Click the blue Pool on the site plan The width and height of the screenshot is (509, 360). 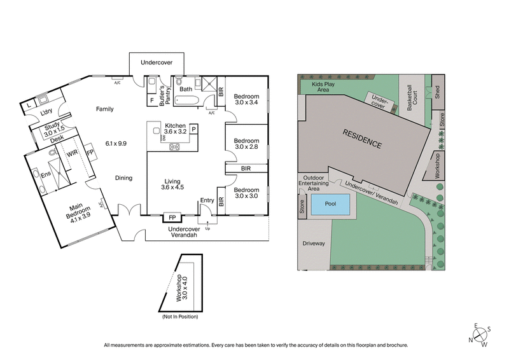[x=331, y=205]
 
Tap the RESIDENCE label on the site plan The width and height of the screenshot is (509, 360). [x=363, y=139]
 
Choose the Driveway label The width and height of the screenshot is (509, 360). [x=313, y=244]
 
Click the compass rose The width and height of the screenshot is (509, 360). [x=480, y=335]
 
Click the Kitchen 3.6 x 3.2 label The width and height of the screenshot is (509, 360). [x=175, y=129]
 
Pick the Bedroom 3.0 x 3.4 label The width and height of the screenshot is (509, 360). [x=247, y=98]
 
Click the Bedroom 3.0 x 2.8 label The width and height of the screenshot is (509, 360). [x=247, y=144]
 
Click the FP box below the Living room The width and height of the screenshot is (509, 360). [x=172, y=216]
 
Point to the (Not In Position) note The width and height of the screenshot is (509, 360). [x=180, y=316]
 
